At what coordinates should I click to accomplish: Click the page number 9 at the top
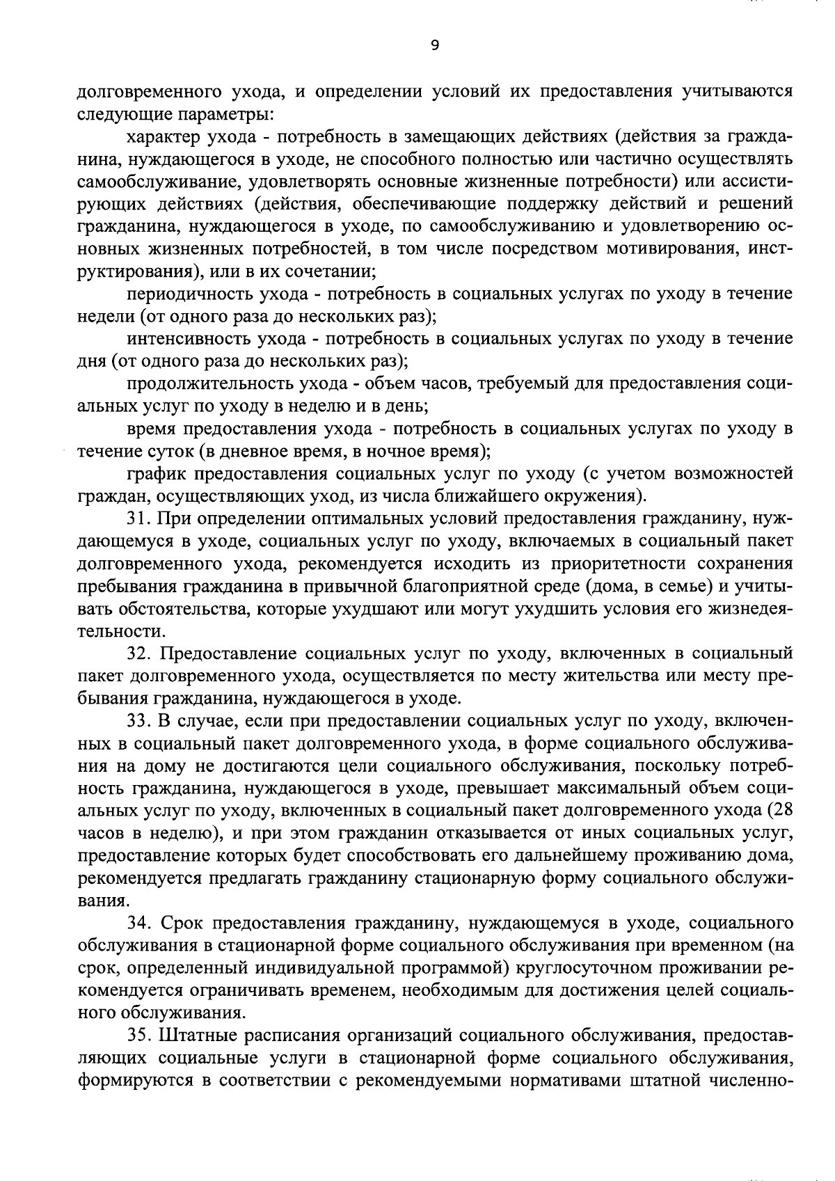click(x=435, y=45)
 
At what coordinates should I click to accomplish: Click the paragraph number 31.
click(x=139, y=518)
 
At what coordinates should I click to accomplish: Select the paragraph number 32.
click(x=139, y=653)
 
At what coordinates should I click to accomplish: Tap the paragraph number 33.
click(x=139, y=721)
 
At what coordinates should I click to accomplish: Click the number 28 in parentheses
click(x=782, y=811)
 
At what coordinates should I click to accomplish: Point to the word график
click(x=152, y=474)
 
